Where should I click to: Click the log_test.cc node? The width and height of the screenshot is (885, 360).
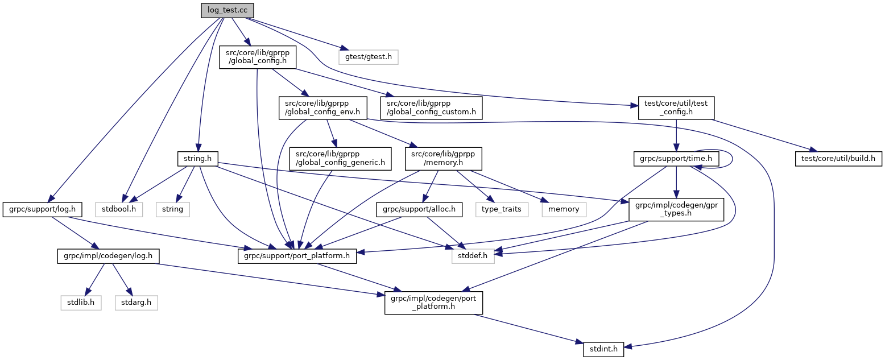tap(227, 10)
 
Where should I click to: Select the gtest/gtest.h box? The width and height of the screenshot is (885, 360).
tap(368, 57)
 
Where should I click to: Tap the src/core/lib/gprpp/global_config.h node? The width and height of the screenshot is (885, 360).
tap(258, 57)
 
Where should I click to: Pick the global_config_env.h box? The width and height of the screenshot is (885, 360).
tap(322, 107)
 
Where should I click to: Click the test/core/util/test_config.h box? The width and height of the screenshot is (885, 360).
tap(676, 107)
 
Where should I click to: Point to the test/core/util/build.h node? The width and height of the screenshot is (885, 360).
tap(838, 158)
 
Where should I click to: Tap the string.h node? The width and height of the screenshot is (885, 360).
tap(198, 158)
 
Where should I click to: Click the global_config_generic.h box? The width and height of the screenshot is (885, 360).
tap(340, 158)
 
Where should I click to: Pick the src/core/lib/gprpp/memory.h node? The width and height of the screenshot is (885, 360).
tap(444, 158)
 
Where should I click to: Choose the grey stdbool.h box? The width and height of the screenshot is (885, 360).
tap(118, 209)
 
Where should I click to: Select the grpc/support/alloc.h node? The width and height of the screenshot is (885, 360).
tap(418, 209)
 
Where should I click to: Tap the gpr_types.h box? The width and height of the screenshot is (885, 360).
tap(676, 209)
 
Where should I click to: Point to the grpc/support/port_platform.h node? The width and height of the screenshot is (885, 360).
tap(296, 256)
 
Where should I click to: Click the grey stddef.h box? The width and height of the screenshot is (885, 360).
tap(473, 256)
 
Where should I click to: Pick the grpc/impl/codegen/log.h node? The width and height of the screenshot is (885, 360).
tap(108, 256)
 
